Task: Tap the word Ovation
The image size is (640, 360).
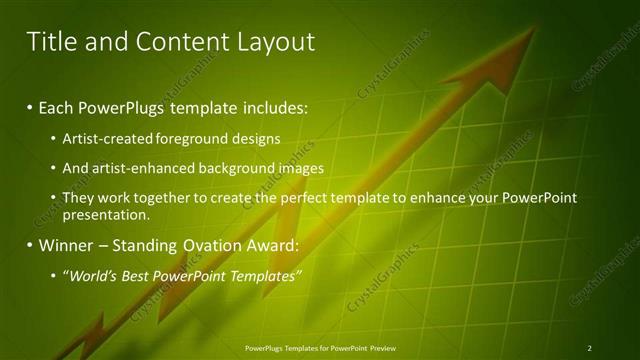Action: (198, 245)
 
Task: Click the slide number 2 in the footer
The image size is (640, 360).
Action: (590, 348)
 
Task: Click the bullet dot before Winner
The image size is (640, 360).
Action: (30, 245)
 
